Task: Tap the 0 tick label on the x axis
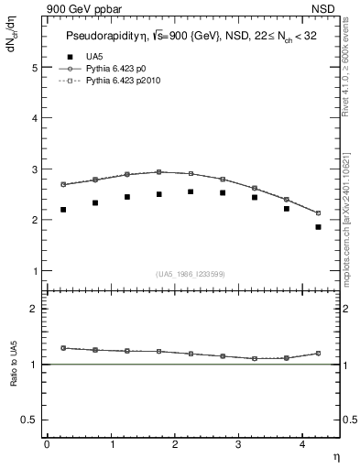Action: coord(47,443)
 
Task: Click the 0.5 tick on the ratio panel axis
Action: coord(30,420)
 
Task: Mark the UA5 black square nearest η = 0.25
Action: coord(63,210)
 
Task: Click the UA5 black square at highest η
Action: coord(318,226)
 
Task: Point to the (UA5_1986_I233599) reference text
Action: coord(191,274)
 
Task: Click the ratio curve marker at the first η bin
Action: coord(63,348)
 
